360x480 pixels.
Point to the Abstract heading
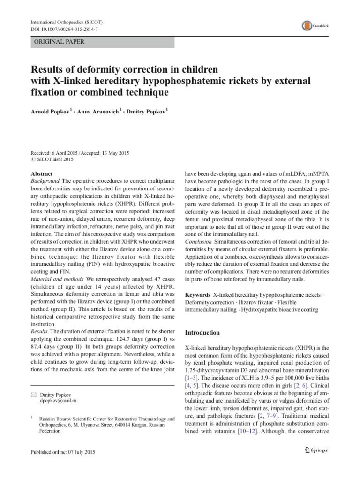[x=41, y=173]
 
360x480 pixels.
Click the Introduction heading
[x=202, y=333]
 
